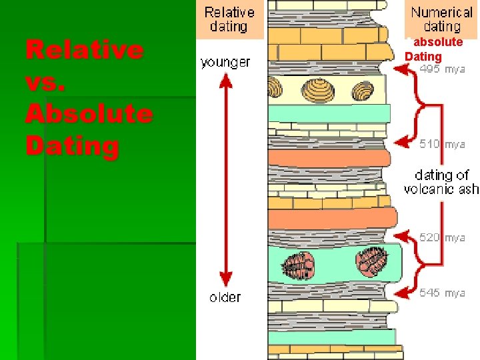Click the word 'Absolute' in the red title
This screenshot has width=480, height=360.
pyautogui.click(x=89, y=114)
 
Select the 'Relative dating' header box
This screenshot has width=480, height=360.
pyautogui.click(x=229, y=19)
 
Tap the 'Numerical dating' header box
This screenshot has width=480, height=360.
pyautogui.click(x=441, y=19)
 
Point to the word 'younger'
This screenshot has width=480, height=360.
pyautogui.click(x=225, y=63)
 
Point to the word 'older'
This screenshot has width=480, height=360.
pyautogui.click(x=225, y=297)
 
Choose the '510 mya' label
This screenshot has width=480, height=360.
pyautogui.click(x=442, y=143)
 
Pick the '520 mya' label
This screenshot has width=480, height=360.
pyautogui.click(x=442, y=237)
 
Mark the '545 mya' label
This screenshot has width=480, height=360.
pyautogui.click(x=442, y=293)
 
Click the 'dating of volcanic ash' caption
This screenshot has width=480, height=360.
pyautogui.click(x=441, y=182)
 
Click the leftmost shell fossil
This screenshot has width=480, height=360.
pyautogui.click(x=275, y=87)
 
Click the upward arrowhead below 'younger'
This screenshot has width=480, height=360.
pyautogui.click(x=226, y=80)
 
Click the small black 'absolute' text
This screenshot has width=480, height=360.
pyautogui.click(x=438, y=42)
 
